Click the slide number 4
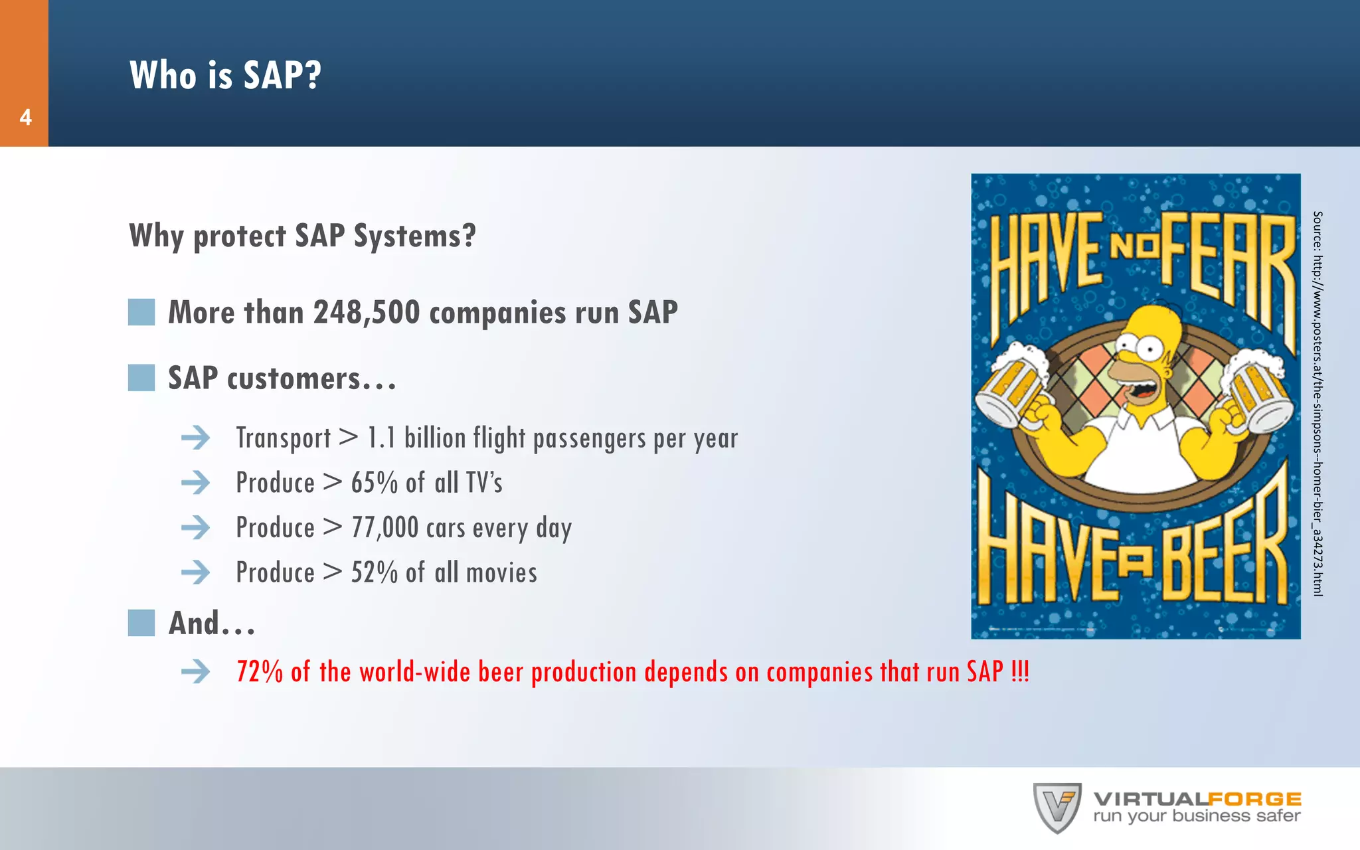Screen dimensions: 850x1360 25,118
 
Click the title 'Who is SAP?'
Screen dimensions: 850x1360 225,74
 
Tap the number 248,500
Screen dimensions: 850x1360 367,312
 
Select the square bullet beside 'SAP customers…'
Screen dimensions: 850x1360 141,378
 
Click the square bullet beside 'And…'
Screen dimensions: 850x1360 141,623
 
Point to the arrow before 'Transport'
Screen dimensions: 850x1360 195,438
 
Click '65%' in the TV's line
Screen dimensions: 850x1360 374,483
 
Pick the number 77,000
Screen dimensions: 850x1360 385,528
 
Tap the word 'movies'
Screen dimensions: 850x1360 502,572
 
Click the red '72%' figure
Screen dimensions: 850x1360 260,672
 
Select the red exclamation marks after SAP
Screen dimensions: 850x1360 1020,672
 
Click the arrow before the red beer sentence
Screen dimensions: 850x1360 195,672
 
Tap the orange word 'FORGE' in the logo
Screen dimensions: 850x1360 1254,799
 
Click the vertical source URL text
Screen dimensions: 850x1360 1317,404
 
